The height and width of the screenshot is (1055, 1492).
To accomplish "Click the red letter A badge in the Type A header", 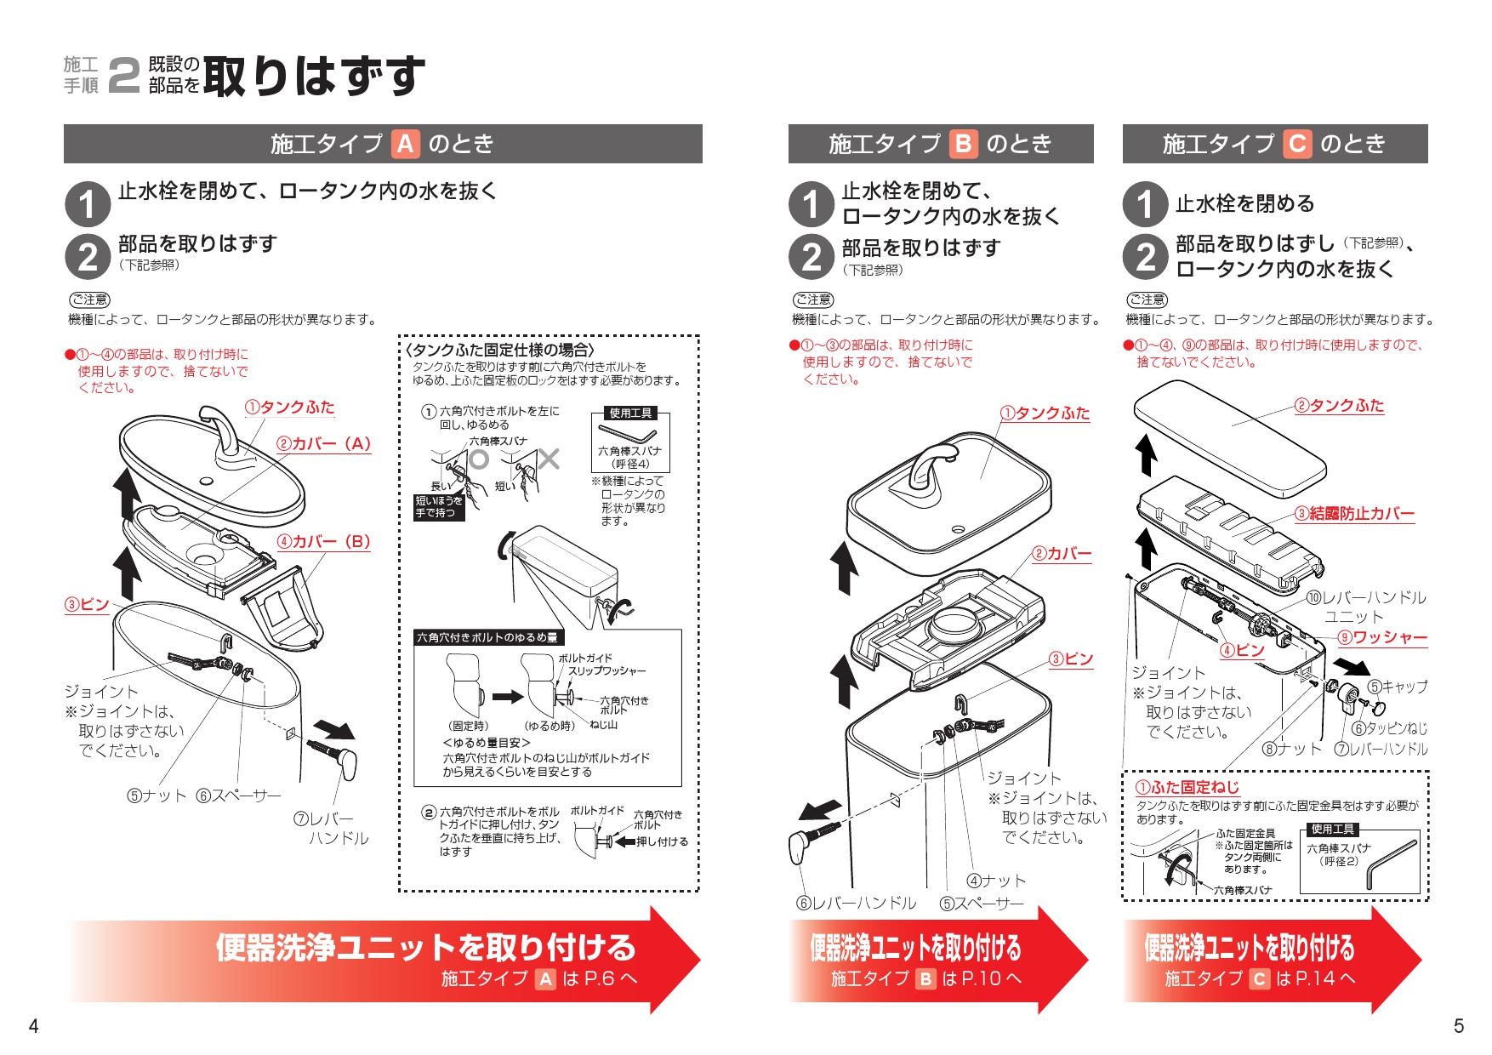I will (x=405, y=144).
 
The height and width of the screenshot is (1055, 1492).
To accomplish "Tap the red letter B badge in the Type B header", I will (x=963, y=144).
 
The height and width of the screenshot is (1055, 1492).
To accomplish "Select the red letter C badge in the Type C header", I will (x=1297, y=144).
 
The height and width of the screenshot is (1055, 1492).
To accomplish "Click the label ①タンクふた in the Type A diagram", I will (x=290, y=408).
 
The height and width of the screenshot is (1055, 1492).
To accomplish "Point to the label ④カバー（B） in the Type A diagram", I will (x=323, y=542).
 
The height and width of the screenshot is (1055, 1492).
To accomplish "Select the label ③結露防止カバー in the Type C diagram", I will (x=1354, y=514).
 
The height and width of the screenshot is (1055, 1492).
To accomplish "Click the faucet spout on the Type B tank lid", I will (x=927, y=476).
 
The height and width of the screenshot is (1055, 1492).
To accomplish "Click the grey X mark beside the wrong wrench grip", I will (x=549, y=459).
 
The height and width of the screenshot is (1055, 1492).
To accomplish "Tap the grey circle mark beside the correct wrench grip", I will (x=479, y=459).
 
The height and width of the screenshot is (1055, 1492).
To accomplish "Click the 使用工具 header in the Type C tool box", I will (x=1332, y=829).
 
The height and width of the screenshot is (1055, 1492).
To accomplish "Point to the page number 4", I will (x=33, y=1026).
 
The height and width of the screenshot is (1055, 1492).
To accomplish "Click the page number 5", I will (x=1459, y=1026).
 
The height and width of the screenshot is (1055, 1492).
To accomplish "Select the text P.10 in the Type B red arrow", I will (x=980, y=978).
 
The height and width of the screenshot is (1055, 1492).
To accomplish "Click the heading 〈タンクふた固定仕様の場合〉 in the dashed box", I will (x=499, y=351).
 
